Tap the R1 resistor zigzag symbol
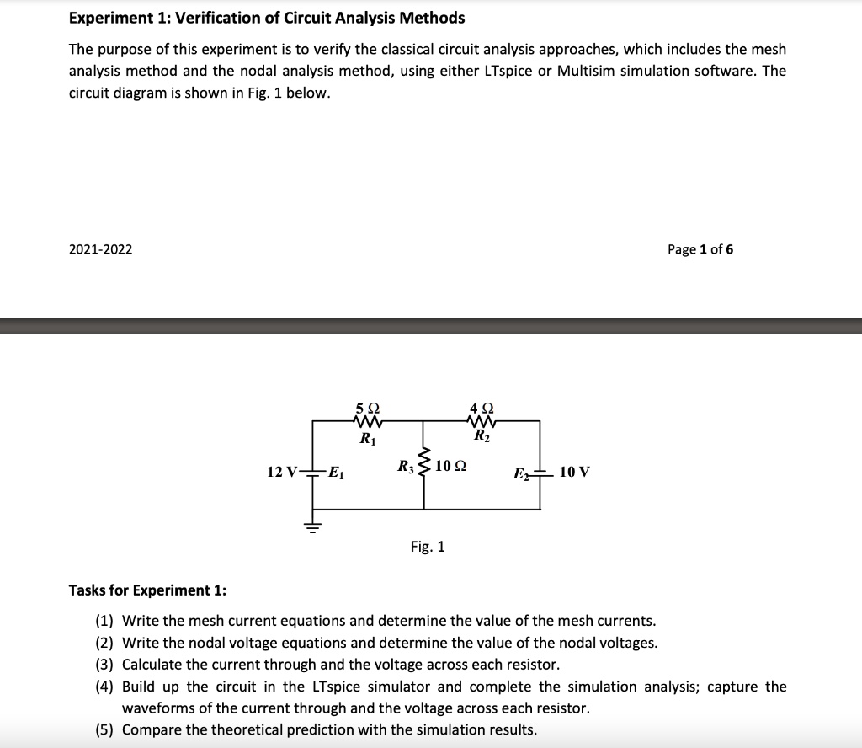[369, 420]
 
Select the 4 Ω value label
[482, 406]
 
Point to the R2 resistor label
[482, 436]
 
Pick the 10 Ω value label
[452, 466]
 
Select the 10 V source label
[574, 473]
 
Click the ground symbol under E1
[313, 526]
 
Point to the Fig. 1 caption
[428, 548]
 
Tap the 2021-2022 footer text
[100, 249]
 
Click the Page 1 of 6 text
[700, 249]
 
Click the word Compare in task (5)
[152, 729]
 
